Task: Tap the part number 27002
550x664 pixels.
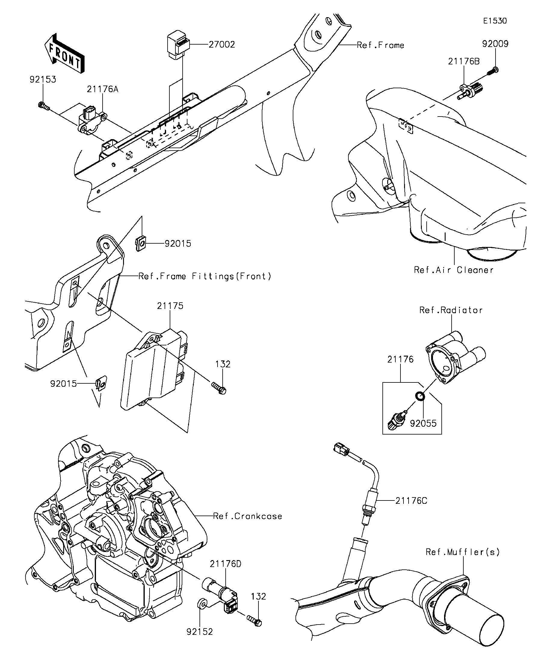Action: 222,45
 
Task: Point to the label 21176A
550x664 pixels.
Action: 103,89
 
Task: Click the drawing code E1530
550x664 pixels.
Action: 495,21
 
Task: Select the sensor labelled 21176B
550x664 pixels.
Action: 469,92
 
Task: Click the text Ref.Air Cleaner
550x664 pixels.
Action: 454,270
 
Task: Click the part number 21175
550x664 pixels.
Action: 170,306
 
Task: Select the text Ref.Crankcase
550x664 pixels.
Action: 247,516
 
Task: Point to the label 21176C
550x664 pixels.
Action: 411,501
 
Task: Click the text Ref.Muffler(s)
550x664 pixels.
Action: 463,552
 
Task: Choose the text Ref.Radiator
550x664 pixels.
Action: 451,310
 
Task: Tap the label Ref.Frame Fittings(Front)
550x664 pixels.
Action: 205,276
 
